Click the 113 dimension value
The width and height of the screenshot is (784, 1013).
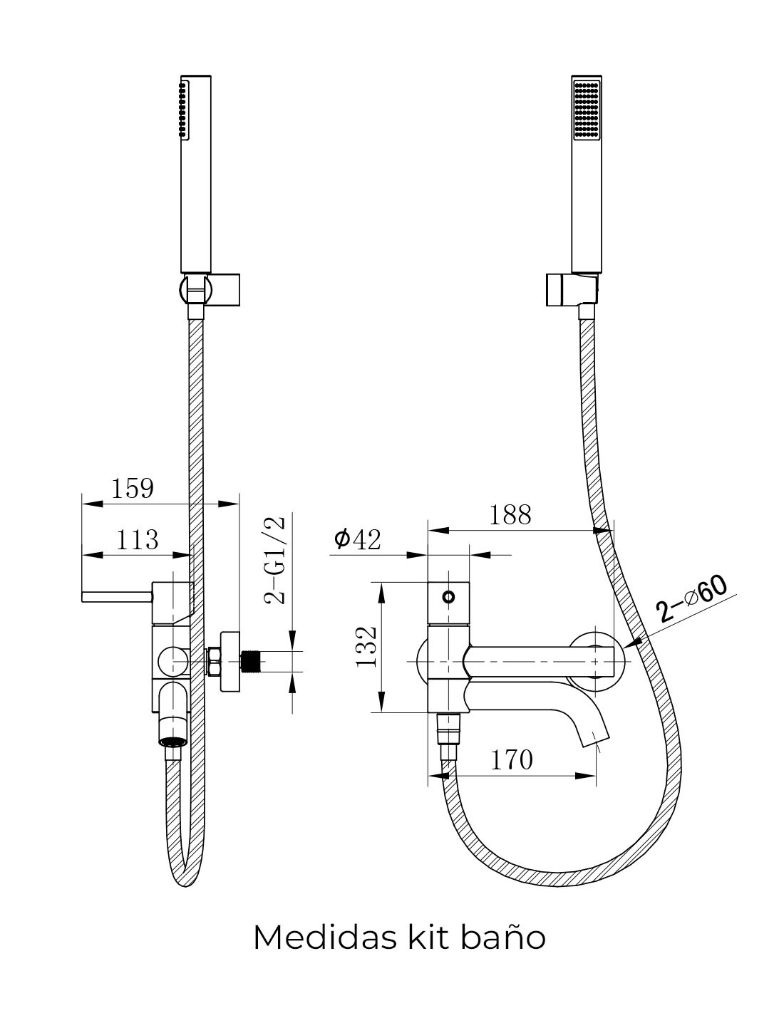pos(137,539)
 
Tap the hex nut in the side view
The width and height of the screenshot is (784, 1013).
pos(214,661)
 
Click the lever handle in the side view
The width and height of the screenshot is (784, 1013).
pos(117,596)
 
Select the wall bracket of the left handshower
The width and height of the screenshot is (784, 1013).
pos(210,290)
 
